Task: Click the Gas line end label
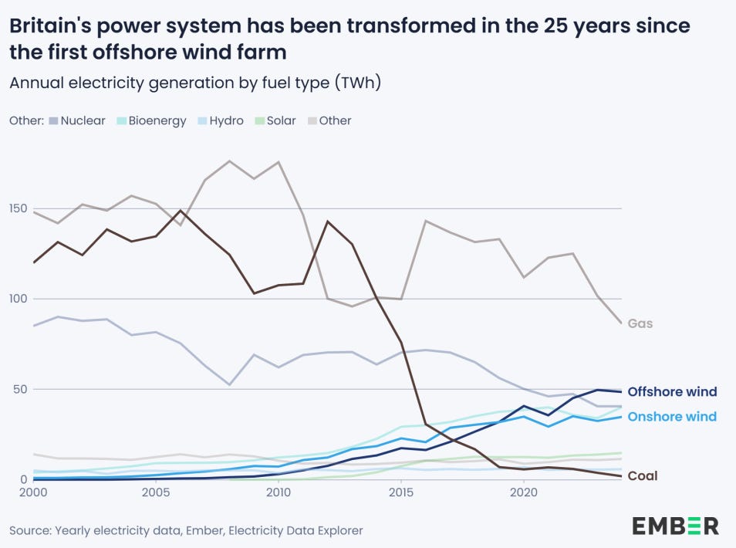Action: coord(640,323)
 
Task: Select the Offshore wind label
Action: coord(672,392)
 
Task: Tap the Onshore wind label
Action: coord(672,417)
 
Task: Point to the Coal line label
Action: coord(642,476)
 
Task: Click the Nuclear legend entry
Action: coord(77,120)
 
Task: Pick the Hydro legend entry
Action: coord(220,120)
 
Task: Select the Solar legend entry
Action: coord(275,120)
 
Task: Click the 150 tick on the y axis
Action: coord(19,208)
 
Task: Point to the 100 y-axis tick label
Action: coord(19,299)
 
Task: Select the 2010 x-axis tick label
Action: coord(279,492)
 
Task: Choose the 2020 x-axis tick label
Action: coord(524,492)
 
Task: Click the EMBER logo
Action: coord(675,526)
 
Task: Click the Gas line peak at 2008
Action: coord(230,161)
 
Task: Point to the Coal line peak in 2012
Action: coord(328,222)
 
